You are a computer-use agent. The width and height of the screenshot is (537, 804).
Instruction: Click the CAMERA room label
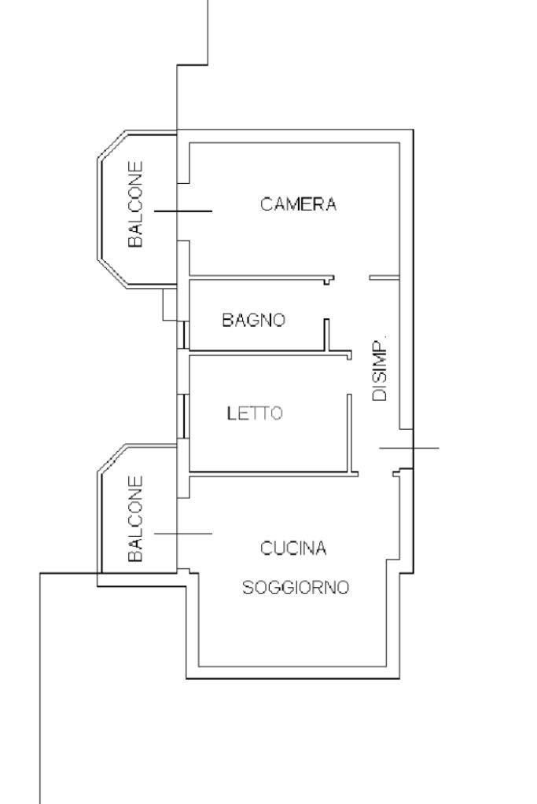298,204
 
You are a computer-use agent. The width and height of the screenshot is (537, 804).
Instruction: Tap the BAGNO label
253,320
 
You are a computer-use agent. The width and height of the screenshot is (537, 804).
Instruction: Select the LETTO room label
255,413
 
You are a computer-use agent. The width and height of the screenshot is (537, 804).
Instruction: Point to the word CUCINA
292,548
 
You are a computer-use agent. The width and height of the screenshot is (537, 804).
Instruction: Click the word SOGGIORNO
296,587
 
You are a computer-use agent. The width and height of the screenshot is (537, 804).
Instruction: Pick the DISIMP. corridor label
379,369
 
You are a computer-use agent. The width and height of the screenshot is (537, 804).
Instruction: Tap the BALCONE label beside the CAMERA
135,204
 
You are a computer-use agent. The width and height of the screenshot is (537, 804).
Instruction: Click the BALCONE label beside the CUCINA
135,519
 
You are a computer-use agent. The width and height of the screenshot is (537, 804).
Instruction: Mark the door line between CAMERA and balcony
183,211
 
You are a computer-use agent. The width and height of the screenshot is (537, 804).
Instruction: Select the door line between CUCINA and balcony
183,534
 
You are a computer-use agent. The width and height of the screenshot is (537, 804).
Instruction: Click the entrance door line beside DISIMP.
409,448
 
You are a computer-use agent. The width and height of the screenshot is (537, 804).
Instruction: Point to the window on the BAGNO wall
184,335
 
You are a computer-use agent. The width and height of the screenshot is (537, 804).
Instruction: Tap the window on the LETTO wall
184,416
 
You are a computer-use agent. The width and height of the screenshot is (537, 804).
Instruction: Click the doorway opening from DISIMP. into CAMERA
352,278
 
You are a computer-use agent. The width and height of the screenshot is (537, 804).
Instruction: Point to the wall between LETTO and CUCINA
274,472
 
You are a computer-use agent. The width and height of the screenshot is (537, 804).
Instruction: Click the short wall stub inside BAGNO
326,335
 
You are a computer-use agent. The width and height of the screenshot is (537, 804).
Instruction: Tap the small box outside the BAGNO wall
170,305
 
